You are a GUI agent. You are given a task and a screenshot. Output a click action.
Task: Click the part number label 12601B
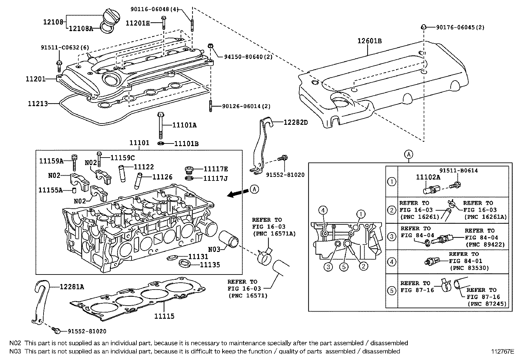click(x=369, y=41)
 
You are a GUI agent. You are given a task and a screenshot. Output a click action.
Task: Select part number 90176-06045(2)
click(x=460, y=28)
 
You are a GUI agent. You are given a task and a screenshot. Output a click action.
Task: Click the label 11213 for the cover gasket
click(x=38, y=104)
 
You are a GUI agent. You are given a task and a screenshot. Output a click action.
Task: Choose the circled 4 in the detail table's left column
click(x=391, y=261)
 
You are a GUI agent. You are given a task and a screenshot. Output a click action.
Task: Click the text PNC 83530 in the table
click(x=469, y=268)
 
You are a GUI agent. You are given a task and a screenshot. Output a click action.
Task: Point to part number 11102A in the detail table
click(x=428, y=177)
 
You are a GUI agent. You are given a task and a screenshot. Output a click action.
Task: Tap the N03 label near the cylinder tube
click(x=215, y=249)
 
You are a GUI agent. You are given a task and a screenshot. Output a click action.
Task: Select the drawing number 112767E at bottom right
click(x=502, y=351)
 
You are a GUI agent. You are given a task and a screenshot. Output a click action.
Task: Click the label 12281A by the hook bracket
click(x=72, y=287)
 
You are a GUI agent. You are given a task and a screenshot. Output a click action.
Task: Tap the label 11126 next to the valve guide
click(x=162, y=177)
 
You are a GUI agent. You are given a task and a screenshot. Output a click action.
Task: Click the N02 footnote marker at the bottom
click(x=15, y=343)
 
